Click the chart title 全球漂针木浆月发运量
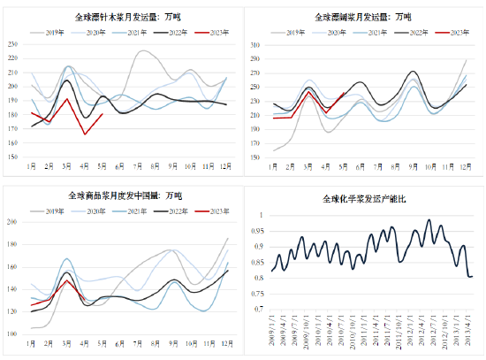(x=119, y=17)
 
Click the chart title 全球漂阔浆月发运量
(x=364, y=17)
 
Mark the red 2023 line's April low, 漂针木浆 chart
(x=86, y=134)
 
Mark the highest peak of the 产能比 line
(x=429, y=220)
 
